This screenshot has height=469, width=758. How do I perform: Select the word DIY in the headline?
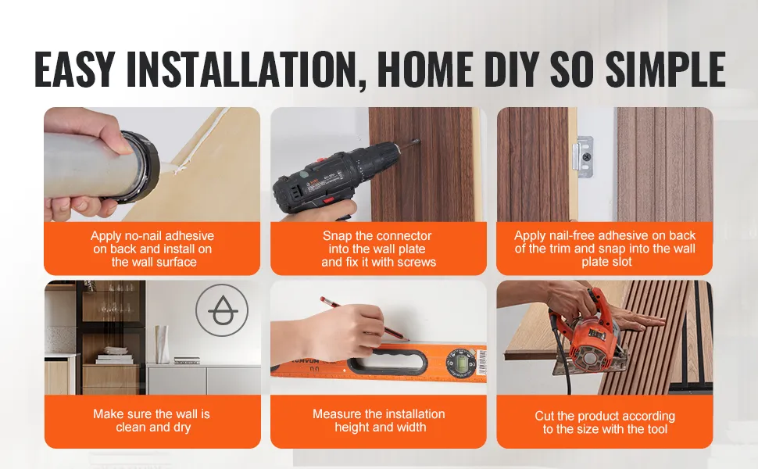click(x=512, y=69)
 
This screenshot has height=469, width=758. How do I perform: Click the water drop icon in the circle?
click(x=222, y=311)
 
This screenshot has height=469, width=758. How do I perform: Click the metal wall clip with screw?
click(x=583, y=156)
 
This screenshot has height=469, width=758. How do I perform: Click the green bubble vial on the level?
click(x=458, y=363)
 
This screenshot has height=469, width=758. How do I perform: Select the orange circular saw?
click(x=588, y=338)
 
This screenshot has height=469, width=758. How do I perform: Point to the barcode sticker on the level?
click(x=481, y=363)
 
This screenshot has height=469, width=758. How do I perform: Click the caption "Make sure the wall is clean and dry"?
click(x=152, y=421)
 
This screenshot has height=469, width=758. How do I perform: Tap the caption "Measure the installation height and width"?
click(x=379, y=421)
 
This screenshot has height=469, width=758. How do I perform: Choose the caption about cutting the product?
click(x=605, y=423)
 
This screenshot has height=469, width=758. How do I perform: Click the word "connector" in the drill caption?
click(x=404, y=236)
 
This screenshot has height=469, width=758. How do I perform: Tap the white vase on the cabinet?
click(x=162, y=344)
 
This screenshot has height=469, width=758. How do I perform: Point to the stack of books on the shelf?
click(x=115, y=360)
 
